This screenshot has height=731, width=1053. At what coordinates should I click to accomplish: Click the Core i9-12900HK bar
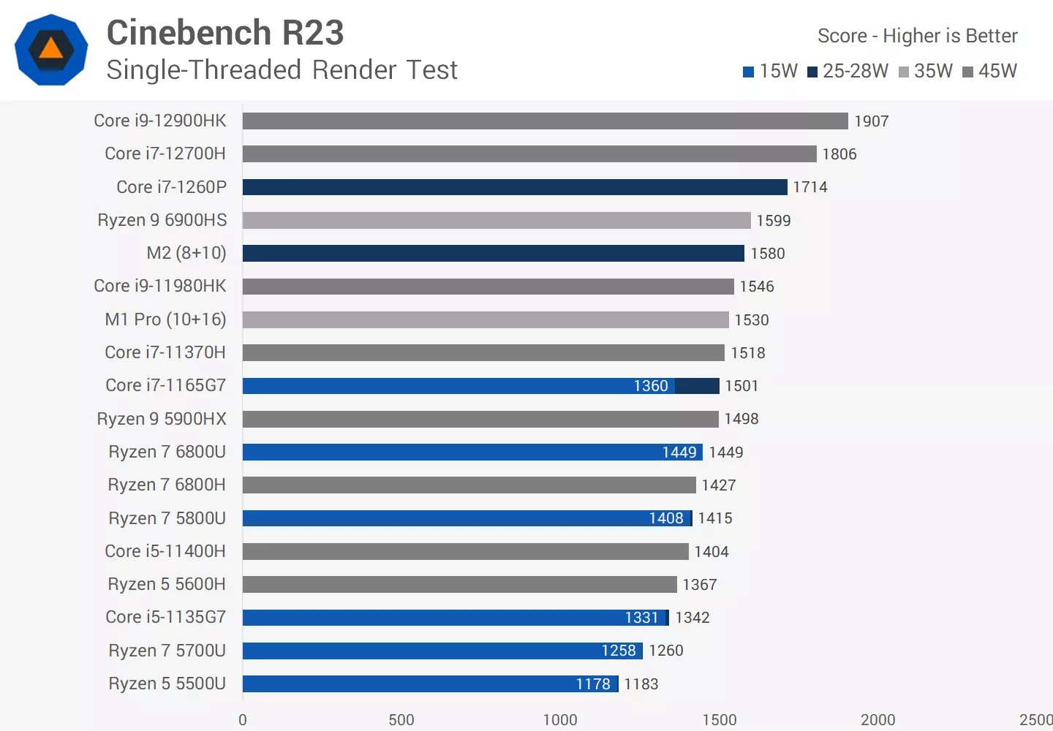tap(545, 121)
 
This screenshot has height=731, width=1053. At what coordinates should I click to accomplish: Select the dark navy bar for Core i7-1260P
tap(515, 187)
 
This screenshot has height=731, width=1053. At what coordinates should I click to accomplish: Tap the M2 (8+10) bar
tap(493, 253)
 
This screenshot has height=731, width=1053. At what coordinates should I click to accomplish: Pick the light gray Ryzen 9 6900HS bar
tap(497, 220)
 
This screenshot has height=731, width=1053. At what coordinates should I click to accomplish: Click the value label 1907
tap(871, 121)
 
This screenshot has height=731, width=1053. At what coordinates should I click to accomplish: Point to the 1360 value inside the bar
tap(650, 386)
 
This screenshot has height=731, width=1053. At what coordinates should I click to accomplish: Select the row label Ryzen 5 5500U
tap(167, 683)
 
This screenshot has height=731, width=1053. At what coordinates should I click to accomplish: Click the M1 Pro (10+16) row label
tap(165, 319)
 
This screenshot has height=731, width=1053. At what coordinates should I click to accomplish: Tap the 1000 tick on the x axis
tap(560, 719)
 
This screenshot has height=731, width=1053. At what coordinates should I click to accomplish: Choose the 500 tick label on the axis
tap(401, 719)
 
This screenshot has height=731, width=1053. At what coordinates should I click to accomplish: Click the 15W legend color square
tap(748, 72)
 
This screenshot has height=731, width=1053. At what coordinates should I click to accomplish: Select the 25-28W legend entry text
tap(855, 71)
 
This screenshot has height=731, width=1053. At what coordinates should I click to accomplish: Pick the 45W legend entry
tap(997, 71)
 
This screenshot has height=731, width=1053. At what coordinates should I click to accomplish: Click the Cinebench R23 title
tap(225, 33)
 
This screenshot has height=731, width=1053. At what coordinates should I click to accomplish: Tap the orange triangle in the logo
tap(51, 49)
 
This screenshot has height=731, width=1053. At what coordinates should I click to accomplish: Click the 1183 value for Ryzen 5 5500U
tap(641, 684)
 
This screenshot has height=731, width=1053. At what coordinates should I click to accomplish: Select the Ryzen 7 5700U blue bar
tap(442, 651)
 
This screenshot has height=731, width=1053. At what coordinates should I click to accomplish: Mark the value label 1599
tap(773, 221)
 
